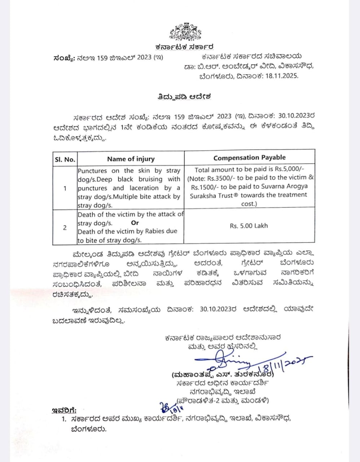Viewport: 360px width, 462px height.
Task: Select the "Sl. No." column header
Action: [x=65, y=159]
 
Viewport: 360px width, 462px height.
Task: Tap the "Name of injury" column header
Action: [x=131, y=159]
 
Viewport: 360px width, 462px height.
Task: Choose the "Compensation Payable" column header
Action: [x=249, y=157]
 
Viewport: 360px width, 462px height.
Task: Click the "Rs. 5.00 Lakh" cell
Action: [x=249, y=226]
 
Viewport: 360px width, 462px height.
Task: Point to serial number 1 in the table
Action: [x=65, y=188]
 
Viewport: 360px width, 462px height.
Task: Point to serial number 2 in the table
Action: [x=65, y=227]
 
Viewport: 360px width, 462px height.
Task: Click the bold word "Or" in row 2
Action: [x=135, y=223]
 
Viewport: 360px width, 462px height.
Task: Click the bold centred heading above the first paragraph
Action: [x=184, y=97]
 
